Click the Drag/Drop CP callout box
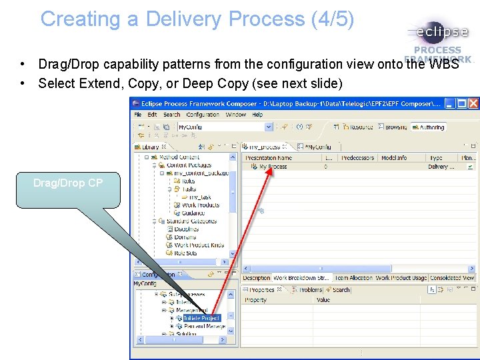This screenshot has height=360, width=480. pyautogui.click(x=67, y=183)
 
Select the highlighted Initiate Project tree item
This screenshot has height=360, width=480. pyautogui.click(x=201, y=318)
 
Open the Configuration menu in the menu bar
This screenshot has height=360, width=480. pyautogui.click(x=202, y=115)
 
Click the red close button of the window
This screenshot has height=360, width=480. pyautogui.click(x=473, y=103)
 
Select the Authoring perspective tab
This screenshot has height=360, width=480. pyautogui.click(x=430, y=127)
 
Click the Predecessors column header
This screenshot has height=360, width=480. pyautogui.click(x=357, y=158)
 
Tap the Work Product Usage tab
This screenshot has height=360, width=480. pyautogui.click(x=401, y=278)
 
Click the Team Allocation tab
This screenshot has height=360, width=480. pyautogui.click(x=353, y=278)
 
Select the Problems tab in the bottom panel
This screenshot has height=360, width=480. pyautogui.click(x=309, y=290)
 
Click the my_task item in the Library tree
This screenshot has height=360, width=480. pyautogui.click(x=199, y=197)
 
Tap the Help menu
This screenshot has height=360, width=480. pyautogui.click(x=257, y=115)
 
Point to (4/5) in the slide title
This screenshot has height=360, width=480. pyautogui.click(x=332, y=19)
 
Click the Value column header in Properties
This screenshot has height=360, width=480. pyautogui.click(x=323, y=300)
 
